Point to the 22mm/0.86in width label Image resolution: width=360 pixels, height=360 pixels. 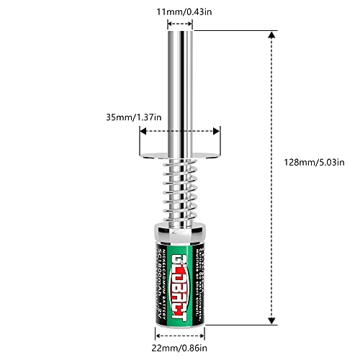coord(180,348)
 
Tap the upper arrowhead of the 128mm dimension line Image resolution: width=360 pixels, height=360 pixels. coord(271,33)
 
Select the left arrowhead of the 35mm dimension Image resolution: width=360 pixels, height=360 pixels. coord(143,131)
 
